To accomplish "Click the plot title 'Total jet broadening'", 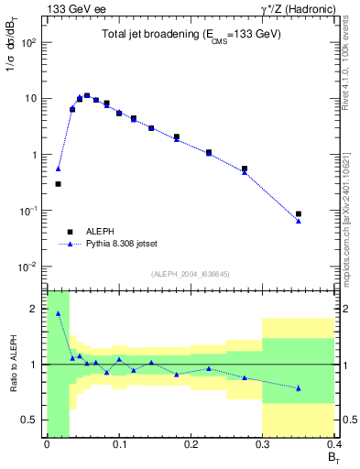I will click(x=191, y=34).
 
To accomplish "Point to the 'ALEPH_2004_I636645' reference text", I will click(x=189, y=273).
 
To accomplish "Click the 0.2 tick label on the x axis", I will click(x=191, y=444).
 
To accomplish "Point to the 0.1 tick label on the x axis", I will click(x=118, y=444).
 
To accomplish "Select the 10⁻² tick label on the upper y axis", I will click(x=28, y=267).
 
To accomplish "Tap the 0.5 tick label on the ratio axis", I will click(x=30, y=420).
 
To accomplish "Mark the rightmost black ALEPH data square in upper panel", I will click(x=299, y=213).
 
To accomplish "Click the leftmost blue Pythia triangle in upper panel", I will click(x=59, y=169).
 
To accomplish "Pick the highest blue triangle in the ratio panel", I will click(x=59, y=313).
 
